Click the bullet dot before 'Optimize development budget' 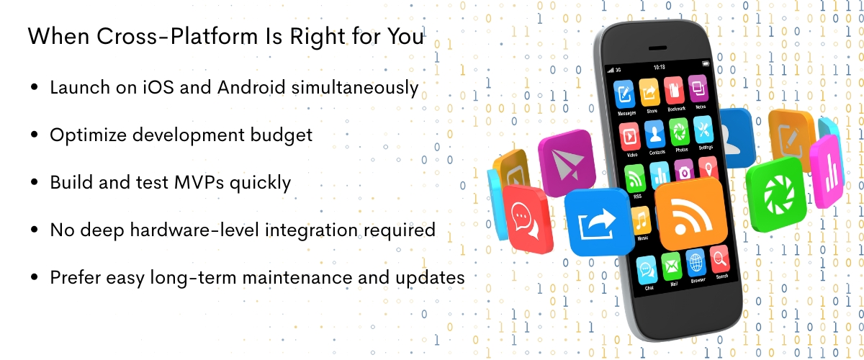[x=35, y=135]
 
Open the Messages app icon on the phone [x=626, y=94]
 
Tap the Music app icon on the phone [x=642, y=219]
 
